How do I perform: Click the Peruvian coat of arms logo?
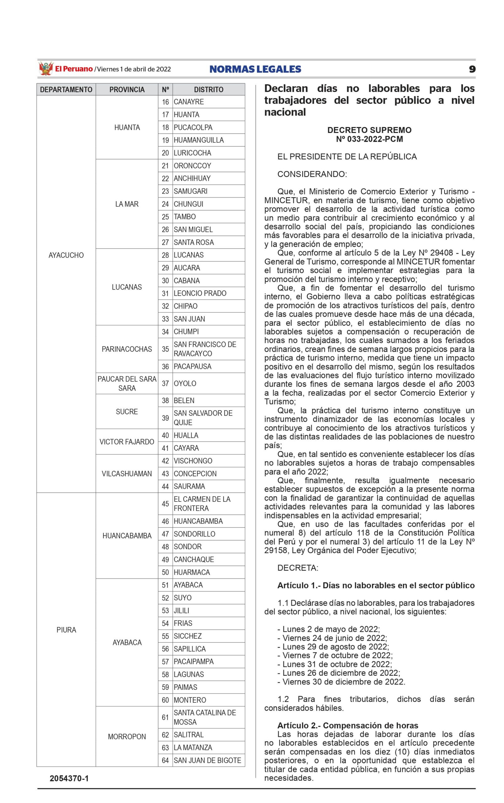pos(46,69)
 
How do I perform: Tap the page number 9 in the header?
pos(472,69)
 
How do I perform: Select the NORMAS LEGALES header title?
pos(255,69)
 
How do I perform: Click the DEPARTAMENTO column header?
pos(66,90)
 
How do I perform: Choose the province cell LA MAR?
pos(127,204)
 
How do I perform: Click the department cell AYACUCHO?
pos(66,255)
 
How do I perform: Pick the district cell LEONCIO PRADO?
pos(200,293)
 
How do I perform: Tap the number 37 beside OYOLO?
pos(165,383)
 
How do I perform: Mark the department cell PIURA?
pos(66,630)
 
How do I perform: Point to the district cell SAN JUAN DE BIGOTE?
pos(207,760)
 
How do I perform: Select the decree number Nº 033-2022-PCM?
pos(369,139)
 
